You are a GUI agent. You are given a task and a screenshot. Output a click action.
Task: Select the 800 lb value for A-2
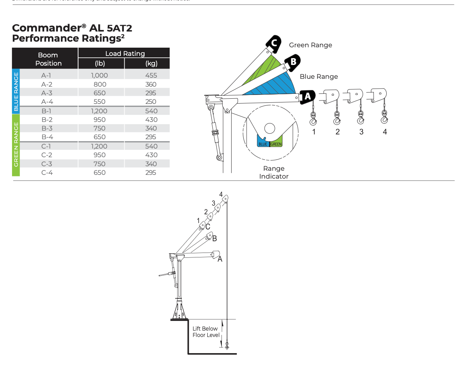(x=100, y=84)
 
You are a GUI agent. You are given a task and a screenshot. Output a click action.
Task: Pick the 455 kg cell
(x=151, y=75)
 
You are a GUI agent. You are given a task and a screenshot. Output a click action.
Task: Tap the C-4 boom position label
(x=47, y=173)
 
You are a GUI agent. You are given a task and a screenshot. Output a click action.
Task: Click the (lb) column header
(x=100, y=63)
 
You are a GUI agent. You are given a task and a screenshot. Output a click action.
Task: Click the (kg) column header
(x=151, y=63)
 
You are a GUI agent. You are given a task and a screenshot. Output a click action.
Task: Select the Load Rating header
(x=125, y=54)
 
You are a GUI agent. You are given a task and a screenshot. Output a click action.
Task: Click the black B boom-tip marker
(x=292, y=62)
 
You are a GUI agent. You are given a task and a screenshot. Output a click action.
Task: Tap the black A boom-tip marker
(x=307, y=97)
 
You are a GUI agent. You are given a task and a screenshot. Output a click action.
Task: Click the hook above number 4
(x=384, y=119)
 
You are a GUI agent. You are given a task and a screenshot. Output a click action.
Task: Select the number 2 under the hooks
(x=337, y=132)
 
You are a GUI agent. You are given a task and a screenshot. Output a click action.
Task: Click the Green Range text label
(x=310, y=45)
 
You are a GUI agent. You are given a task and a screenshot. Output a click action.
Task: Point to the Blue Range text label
(x=319, y=77)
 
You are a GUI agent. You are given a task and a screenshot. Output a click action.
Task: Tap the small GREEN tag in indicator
(x=276, y=144)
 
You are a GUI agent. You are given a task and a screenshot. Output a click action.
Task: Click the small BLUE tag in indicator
(x=263, y=144)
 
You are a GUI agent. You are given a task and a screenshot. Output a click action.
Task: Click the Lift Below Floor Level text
(x=206, y=332)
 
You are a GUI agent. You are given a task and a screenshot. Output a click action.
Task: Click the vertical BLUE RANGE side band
(x=16, y=92)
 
